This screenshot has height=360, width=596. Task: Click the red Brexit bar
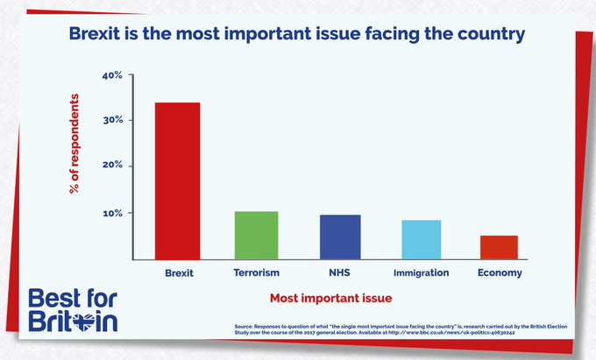point(178,181)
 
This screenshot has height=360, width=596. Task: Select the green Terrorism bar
point(256,236)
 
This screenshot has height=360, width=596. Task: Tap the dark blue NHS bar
point(339,237)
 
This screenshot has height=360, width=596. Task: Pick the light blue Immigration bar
point(421,240)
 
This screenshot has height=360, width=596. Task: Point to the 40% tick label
point(113,75)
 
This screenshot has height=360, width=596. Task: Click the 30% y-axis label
point(113,120)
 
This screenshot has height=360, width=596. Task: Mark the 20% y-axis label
point(113,166)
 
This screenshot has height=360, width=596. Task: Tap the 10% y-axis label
point(113,213)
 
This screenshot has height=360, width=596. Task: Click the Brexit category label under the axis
point(179,273)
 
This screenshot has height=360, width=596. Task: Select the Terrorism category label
point(256,273)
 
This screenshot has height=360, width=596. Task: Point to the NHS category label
point(339,273)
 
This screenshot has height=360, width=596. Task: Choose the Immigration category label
point(421,273)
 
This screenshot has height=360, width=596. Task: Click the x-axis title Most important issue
point(330,299)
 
